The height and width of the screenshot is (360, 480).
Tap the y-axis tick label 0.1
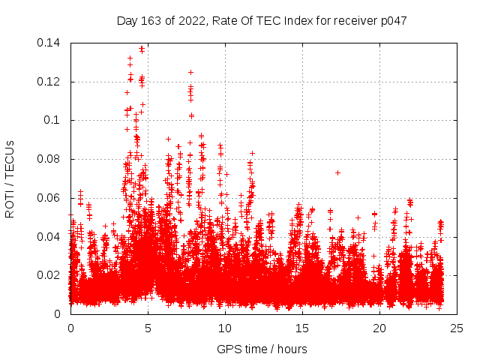click(55, 120)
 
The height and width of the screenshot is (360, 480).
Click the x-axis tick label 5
click(148, 328)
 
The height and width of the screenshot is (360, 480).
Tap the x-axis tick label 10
click(225, 328)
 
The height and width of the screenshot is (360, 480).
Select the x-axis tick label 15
click(302, 328)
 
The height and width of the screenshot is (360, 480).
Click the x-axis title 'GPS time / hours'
click(262, 349)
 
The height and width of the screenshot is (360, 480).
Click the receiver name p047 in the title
click(392, 21)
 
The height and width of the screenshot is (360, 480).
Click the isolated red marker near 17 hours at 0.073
click(337, 172)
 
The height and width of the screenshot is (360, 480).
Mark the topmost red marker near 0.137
click(142, 48)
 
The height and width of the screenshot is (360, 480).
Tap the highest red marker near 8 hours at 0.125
click(190, 72)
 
